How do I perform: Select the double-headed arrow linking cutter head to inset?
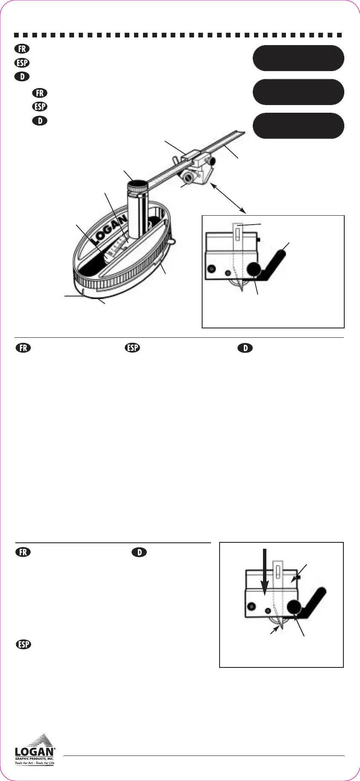click(229, 198)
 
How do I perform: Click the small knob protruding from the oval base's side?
click(171, 242)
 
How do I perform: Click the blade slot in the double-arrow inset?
click(237, 234)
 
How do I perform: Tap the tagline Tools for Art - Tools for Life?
click(35, 763)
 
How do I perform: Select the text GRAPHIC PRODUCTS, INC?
click(35, 758)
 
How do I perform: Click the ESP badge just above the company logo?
click(24, 644)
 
